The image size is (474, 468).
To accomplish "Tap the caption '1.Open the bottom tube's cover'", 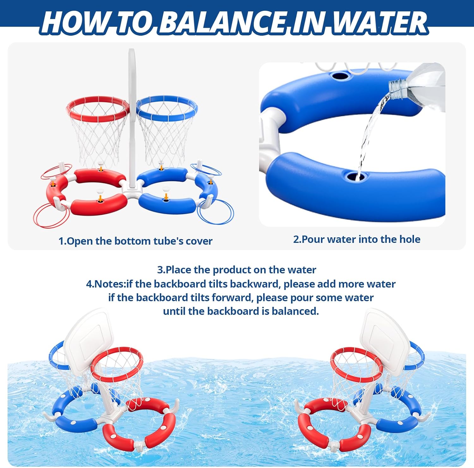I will point(135,241).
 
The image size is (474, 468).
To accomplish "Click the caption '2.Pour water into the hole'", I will point(356,239).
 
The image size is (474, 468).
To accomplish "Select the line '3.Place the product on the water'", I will point(237,270).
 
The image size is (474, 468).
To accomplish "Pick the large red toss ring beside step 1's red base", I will point(51,215).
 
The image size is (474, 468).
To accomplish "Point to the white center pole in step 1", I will point(132,126).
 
